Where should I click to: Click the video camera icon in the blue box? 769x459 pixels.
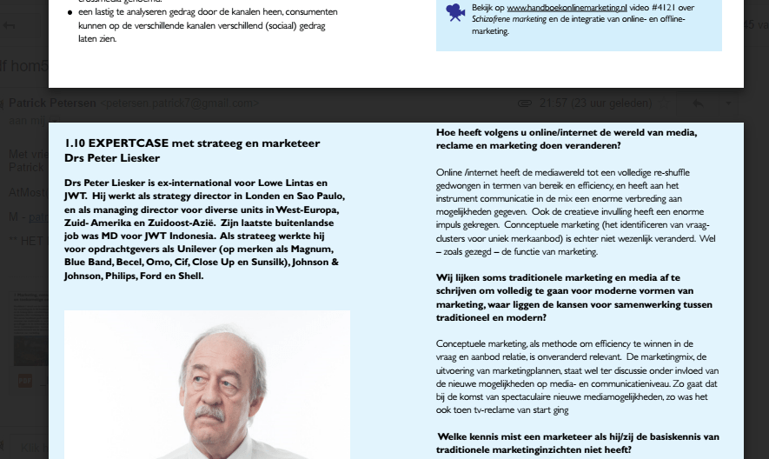(454, 12)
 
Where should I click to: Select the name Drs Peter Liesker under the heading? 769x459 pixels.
(112, 157)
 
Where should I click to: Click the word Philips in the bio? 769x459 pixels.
(123, 276)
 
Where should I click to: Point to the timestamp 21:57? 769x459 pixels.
(554, 103)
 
